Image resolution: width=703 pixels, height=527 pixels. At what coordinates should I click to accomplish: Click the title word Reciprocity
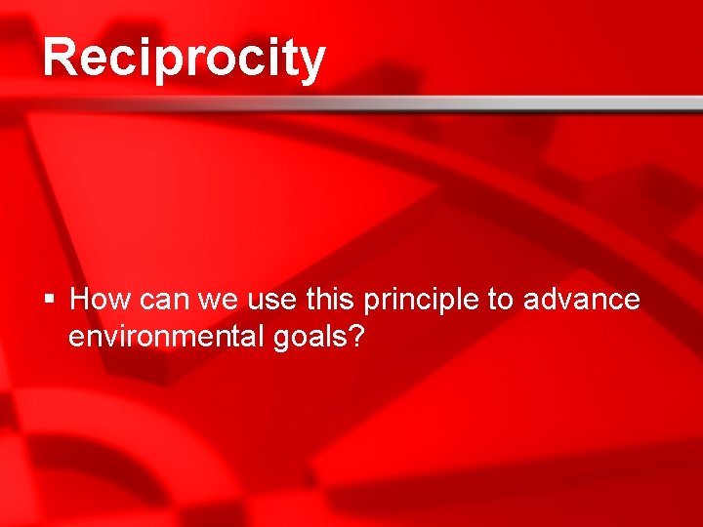coord(184,58)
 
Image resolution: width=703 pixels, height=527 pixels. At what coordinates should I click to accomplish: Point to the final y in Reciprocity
coord(310,62)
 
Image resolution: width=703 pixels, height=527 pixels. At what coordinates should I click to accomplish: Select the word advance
coord(582,299)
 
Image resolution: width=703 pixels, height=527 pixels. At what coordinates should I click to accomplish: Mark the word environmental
coord(164,337)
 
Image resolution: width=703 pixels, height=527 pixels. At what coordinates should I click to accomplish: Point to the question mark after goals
coord(357,337)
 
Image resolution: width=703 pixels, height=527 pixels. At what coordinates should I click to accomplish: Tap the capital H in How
coord(81,299)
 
